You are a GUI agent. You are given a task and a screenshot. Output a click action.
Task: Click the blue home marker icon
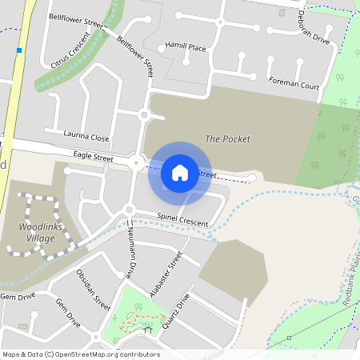point(180,172)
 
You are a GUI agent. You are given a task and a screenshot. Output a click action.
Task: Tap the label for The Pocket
point(228,139)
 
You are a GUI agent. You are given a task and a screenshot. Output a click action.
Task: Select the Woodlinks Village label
point(37,233)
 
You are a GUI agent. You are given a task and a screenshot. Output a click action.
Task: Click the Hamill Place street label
point(186,48)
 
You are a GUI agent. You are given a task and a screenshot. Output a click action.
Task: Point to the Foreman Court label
point(294,85)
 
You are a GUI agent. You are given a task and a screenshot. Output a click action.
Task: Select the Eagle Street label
point(93,159)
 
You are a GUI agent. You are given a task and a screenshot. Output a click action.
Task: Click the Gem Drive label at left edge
point(18,296)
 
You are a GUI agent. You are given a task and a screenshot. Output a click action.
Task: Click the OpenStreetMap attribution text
point(81,354)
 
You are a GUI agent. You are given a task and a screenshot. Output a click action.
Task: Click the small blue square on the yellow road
point(18,50)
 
